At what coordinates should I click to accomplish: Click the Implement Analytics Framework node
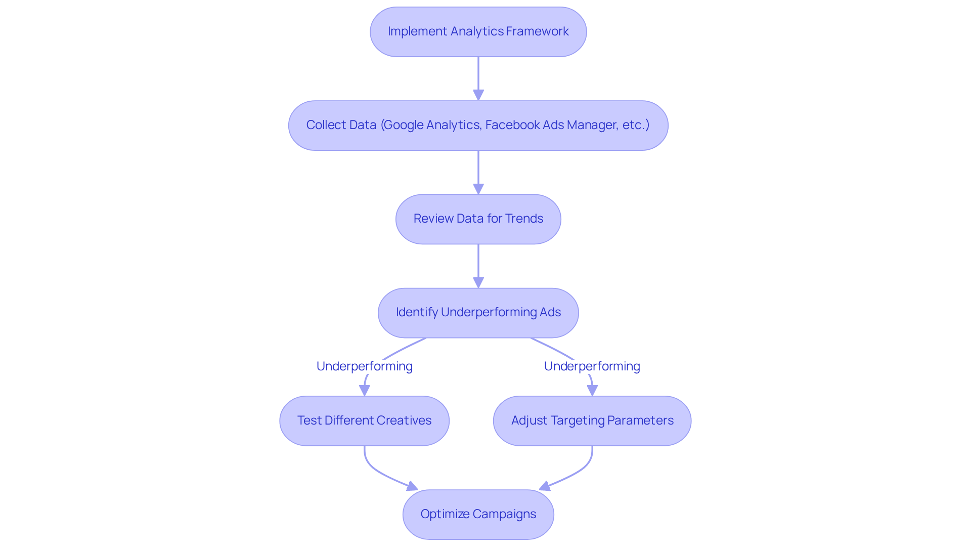click(478, 32)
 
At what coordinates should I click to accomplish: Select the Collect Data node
click(478, 125)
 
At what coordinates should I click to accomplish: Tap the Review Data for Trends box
click(478, 219)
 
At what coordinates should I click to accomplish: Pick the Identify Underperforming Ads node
click(478, 313)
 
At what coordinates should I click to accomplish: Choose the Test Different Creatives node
click(364, 420)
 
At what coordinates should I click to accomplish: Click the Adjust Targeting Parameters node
click(592, 420)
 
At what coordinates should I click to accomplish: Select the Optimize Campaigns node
click(478, 514)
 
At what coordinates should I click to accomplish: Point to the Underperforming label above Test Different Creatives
click(364, 366)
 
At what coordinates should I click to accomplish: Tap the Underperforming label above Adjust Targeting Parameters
click(592, 366)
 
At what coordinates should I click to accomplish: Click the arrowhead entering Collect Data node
click(478, 95)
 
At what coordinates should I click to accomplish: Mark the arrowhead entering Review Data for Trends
click(478, 189)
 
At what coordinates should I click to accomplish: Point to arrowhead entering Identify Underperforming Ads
click(478, 282)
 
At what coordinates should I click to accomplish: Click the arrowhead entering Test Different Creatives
click(364, 390)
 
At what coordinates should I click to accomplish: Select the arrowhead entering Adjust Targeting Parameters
click(592, 390)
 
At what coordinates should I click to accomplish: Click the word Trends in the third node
click(524, 219)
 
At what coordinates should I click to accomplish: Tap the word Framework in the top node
click(537, 31)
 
